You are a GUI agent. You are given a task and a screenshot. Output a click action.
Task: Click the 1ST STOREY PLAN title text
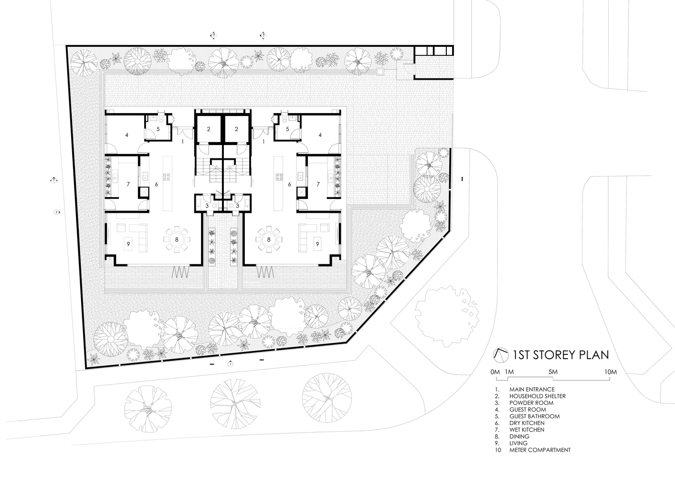(x=561, y=355)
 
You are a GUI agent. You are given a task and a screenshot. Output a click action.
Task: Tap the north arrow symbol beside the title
(x=501, y=355)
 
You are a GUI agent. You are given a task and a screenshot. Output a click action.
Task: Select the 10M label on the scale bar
(x=611, y=372)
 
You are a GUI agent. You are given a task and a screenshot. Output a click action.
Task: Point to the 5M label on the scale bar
(x=553, y=372)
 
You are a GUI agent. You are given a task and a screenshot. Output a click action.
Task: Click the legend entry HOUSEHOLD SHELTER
(x=538, y=396)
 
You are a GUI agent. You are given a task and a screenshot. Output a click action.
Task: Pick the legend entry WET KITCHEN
(x=527, y=430)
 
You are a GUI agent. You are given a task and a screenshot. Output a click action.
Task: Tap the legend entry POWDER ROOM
(x=531, y=403)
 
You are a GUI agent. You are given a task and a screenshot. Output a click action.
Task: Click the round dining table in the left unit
(x=177, y=240)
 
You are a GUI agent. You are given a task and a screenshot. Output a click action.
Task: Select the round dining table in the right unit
(x=269, y=240)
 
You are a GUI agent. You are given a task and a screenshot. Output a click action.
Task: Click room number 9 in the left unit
(x=128, y=244)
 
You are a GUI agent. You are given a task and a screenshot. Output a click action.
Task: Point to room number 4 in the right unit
(x=320, y=135)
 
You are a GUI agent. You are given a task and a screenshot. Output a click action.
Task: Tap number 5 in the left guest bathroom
(x=158, y=129)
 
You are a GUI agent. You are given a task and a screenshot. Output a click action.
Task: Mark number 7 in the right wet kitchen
(x=318, y=184)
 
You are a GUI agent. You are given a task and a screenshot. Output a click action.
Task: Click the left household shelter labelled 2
(x=209, y=129)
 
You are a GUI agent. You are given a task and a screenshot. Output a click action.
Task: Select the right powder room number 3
(x=237, y=206)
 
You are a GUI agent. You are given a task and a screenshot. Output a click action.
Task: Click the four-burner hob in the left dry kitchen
(x=166, y=176)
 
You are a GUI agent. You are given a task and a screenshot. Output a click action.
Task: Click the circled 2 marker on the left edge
(x=56, y=212)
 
